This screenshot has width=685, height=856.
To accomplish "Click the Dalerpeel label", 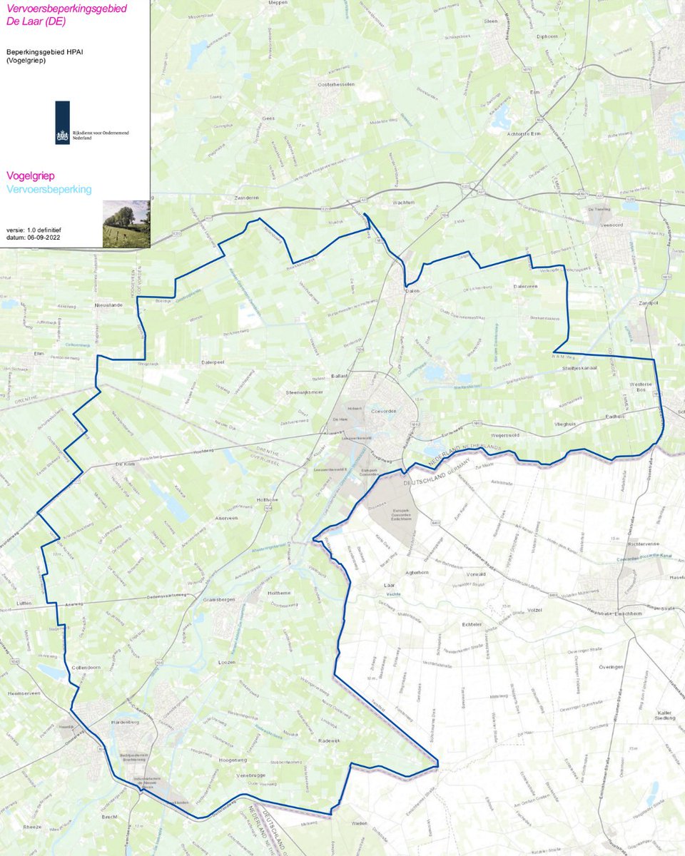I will [213, 362].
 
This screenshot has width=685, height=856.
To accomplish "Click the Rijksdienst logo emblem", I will [63, 123].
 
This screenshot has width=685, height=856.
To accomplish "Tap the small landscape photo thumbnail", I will [126, 223].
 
